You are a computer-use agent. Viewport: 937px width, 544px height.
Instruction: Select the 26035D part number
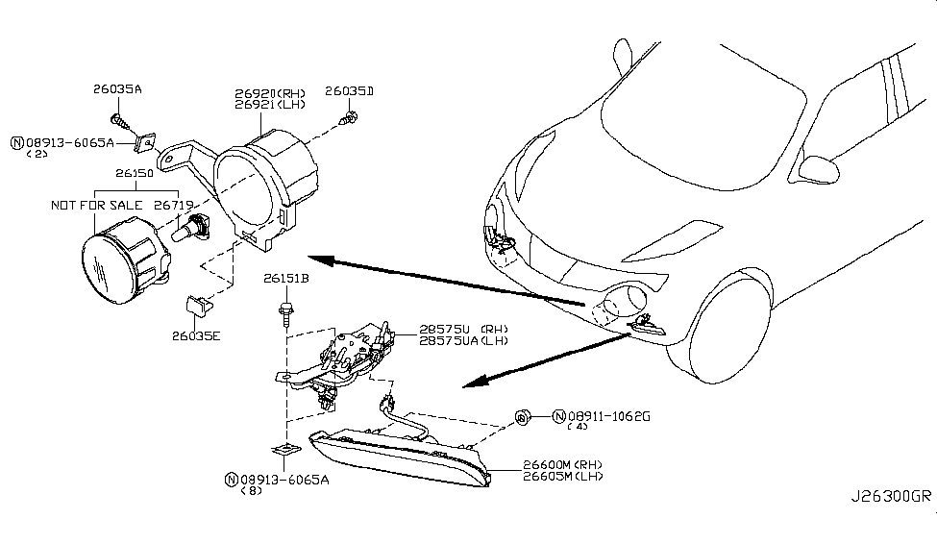pyautogui.click(x=349, y=91)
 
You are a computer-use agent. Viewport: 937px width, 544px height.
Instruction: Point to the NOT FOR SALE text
pyautogui.click(x=90, y=205)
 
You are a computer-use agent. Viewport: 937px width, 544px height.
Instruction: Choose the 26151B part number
pyautogui.click(x=286, y=280)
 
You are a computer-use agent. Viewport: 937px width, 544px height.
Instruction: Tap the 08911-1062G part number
pyautogui.click(x=609, y=417)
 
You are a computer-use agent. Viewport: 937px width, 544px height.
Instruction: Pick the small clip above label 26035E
pyautogui.click(x=196, y=306)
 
